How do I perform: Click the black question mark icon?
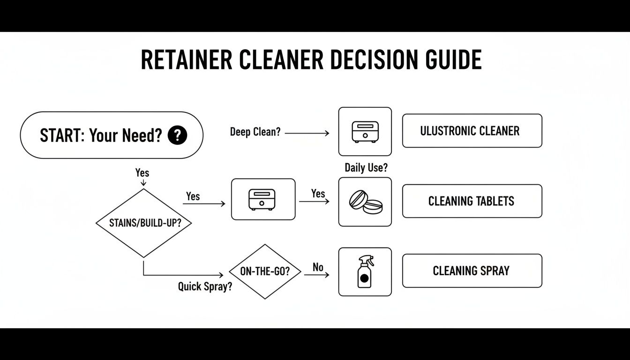(x=177, y=135)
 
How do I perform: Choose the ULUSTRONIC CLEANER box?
(x=472, y=131)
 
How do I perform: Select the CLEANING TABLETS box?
(x=472, y=201)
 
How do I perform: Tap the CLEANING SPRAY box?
(x=472, y=270)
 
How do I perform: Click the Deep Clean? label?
(x=255, y=132)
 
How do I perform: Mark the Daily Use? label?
(x=366, y=167)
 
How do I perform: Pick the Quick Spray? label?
(x=205, y=286)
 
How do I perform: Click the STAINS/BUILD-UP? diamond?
(x=144, y=223)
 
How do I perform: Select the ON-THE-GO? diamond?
(x=265, y=271)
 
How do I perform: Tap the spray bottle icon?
(x=365, y=271)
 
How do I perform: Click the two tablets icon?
(x=365, y=202)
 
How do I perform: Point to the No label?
(x=318, y=267)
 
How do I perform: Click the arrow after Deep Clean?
(x=307, y=133)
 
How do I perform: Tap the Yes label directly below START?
(x=142, y=172)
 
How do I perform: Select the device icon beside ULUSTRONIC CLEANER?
(x=365, y=132)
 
